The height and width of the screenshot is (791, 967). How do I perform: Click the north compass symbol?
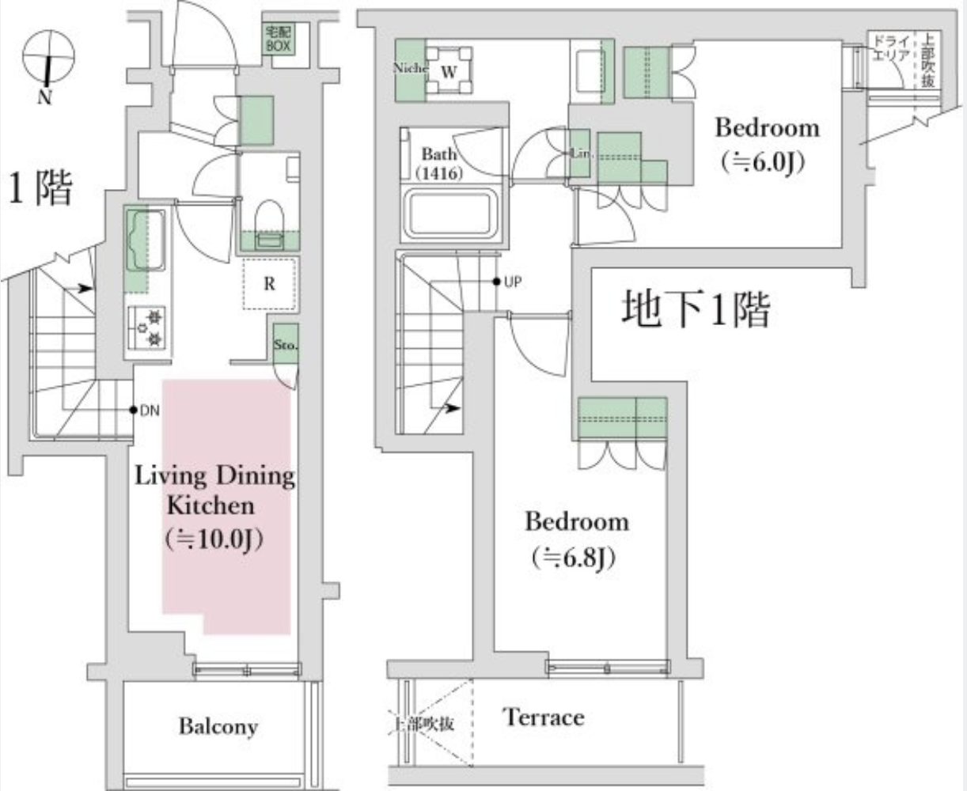click(x=48, y=59)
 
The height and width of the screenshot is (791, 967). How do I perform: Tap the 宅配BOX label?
click(x=279, y=40)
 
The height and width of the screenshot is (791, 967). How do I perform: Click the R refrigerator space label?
click(x=269, y=284)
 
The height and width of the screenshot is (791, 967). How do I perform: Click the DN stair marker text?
click(x=149, y=410)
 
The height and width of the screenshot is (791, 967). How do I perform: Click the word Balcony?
click(x=218, y=726)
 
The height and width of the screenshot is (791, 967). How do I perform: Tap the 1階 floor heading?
click(x=40, y=190)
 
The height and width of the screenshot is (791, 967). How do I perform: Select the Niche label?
click(x=410, y=68)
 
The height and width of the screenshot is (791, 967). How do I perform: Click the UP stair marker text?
click(x=512, y=282)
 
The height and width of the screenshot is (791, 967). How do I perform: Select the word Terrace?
click(x=544, y=717)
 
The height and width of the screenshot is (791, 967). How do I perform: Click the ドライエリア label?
click(x=886, y=48)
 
